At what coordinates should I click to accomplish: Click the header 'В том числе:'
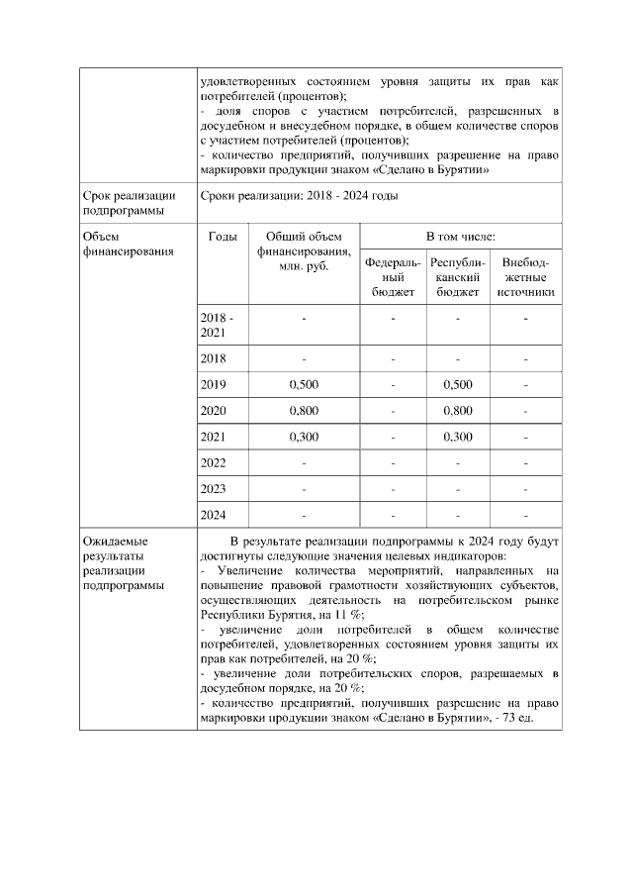tap(460, 237)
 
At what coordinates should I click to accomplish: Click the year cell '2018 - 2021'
tap(218, 326)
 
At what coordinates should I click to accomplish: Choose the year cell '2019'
tap(214, 383)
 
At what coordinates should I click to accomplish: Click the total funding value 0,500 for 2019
tap(304, 383)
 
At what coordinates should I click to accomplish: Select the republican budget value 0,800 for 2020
tap(458, 410)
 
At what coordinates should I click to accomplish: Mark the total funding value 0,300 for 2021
tap(304, 436)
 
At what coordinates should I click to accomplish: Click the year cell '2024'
tap(214, 515)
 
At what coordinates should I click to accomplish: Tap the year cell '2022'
tap(214, 462)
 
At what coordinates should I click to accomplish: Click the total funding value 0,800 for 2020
tap(304, 410)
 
